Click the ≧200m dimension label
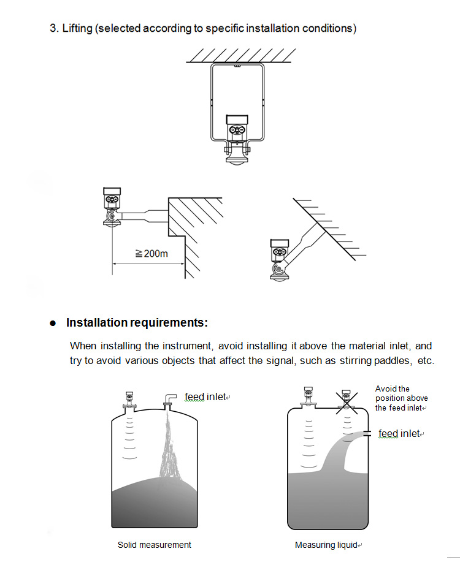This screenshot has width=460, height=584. coord(151,253)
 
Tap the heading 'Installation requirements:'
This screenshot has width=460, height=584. coord(137,322)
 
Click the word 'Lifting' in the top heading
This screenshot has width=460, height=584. coord(77,28)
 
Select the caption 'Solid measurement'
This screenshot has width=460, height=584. coord(155,544)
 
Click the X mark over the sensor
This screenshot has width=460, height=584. coord(347,400)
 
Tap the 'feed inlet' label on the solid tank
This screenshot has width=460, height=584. coord(205,397)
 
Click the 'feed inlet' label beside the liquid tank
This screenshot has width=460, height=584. coord(399,433)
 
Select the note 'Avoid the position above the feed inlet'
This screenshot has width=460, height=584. coord(401,398)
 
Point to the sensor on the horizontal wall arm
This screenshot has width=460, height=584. coord(112,208)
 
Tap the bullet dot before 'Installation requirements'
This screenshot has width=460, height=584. coord(53,323)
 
